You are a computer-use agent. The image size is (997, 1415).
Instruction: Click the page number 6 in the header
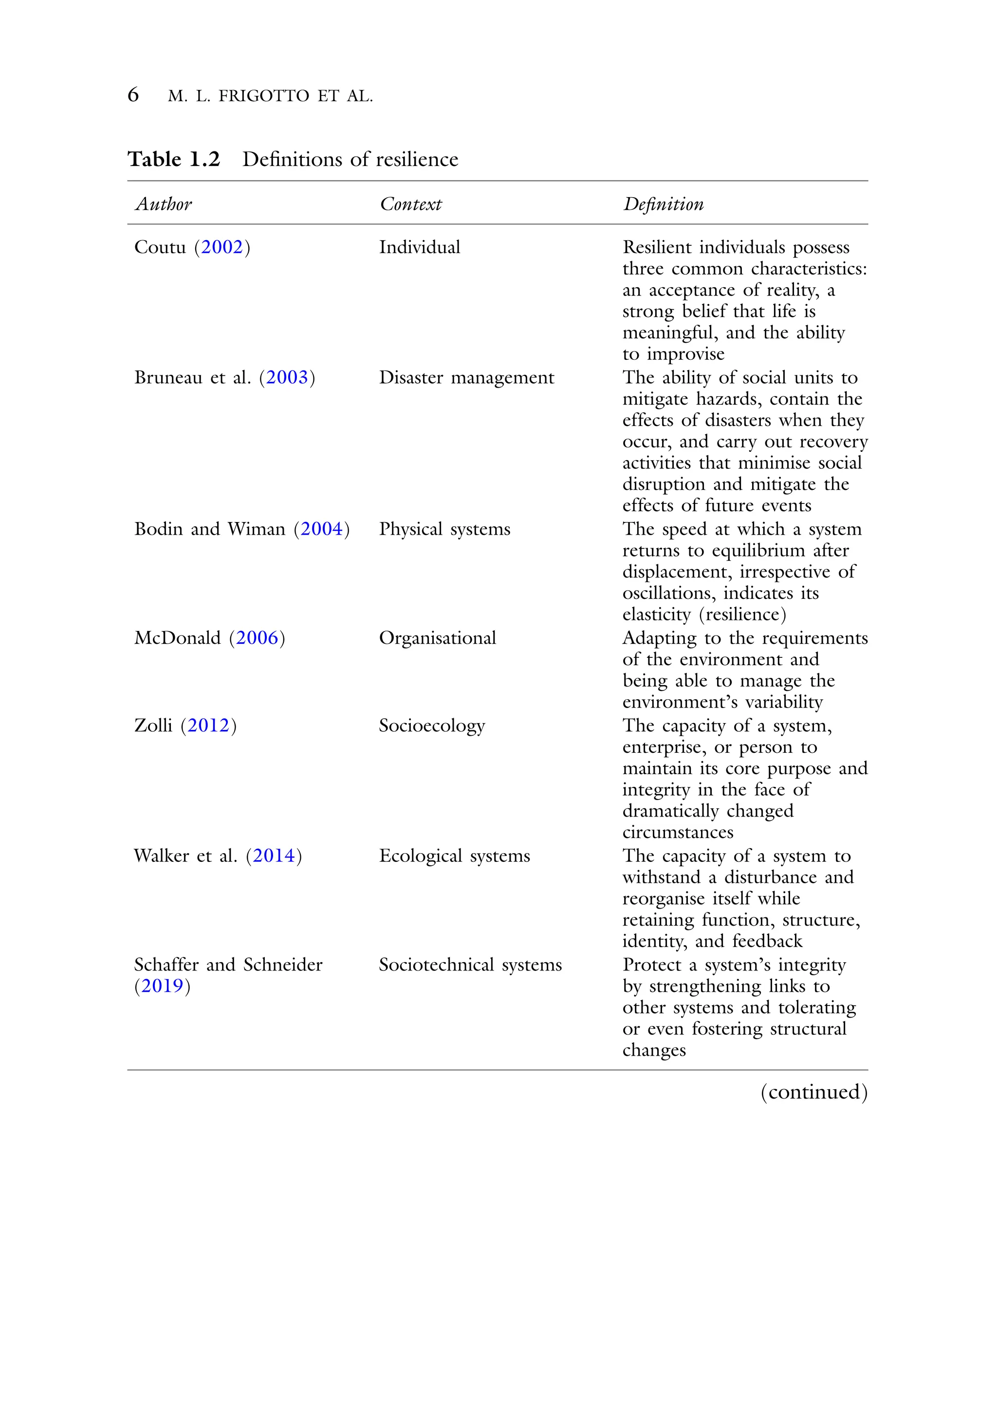click(133, 95)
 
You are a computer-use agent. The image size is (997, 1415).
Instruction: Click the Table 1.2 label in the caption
click(174, 159)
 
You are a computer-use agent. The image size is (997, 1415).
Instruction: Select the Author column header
click(164, 204)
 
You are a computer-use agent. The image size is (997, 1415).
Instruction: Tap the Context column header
click(410, 204)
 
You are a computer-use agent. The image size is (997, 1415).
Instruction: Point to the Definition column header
click(663, 204)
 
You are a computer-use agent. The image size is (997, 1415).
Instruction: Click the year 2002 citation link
click(222, 247)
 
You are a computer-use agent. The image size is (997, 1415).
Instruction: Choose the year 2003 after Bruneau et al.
click(287, 377)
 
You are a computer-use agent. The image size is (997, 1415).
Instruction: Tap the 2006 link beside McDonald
click(257, 638)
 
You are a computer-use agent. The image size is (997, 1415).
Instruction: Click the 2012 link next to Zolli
click(208, 726)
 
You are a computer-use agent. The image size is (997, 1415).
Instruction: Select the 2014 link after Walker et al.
click(274, 856)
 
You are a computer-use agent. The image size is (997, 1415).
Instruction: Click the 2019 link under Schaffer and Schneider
click(162, 986)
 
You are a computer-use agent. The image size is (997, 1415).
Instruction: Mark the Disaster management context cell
click(466, 377)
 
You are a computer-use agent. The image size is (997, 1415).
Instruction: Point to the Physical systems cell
click(444, 529)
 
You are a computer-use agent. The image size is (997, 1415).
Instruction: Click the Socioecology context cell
click(432, 726)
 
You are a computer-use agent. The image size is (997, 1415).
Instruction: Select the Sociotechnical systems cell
click(470, 965)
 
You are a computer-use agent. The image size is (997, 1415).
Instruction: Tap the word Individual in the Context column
click(420, 247)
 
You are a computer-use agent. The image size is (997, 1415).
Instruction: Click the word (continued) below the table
click(813, 1092)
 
